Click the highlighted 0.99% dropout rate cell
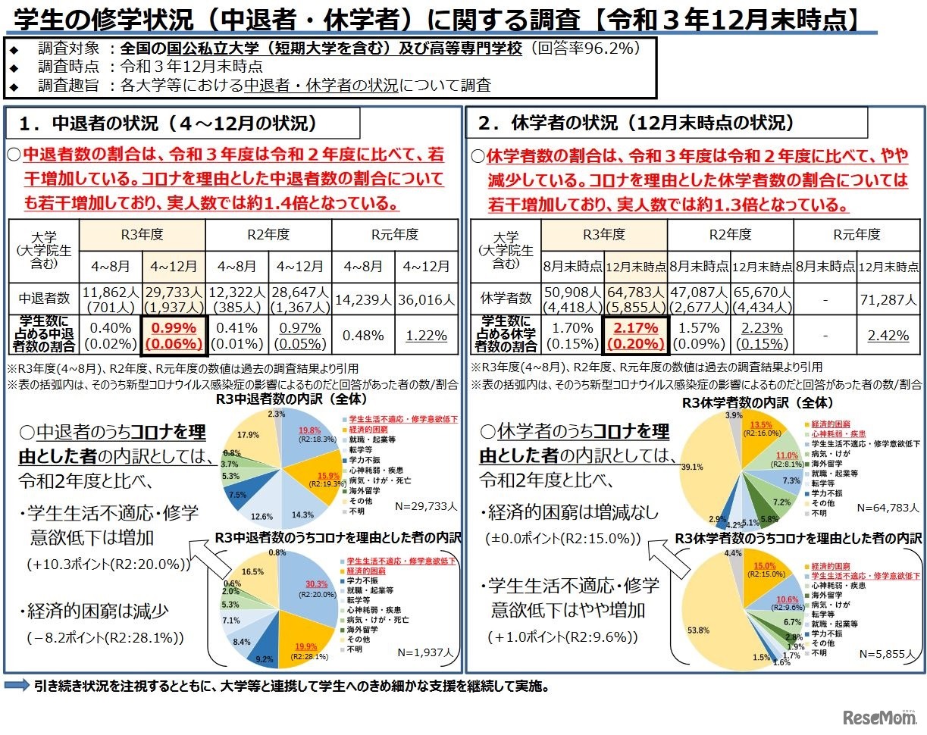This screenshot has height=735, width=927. [174, 335]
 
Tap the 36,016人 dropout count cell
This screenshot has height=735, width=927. [426, 299]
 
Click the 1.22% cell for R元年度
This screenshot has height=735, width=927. [426, 335]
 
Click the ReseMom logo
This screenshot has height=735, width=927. [879, 716]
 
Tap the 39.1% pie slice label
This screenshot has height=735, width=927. [692, 467]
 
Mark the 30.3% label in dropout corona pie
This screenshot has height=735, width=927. [317, 583]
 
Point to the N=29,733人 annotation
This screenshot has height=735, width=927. [427, 505]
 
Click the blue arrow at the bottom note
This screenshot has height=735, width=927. [17, 687]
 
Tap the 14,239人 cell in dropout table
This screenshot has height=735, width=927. [363, 299]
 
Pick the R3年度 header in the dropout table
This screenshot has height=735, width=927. [142, 234]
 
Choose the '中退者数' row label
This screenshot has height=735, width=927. [44, 299]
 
